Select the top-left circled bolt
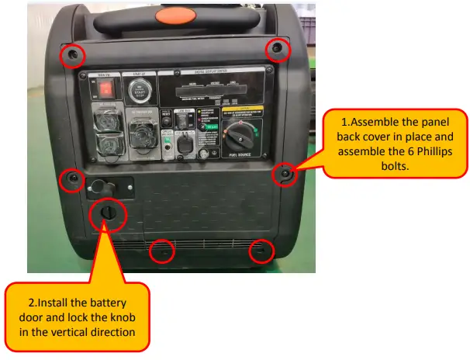pos(72,55)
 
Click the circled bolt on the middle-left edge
pos(73,179)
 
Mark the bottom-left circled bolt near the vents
pos(161,251)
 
